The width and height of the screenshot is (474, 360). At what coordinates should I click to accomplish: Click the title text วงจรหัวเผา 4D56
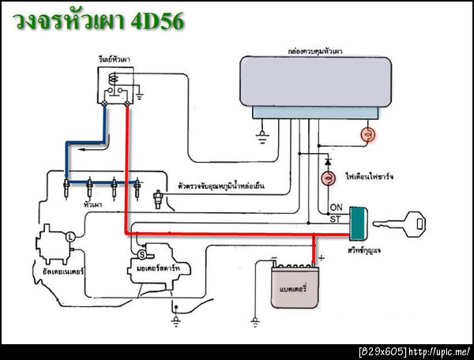click(x=100, y=21)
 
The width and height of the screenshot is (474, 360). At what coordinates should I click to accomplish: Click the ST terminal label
click(x=335, y=219)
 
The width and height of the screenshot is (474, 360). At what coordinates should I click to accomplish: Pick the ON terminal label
click(x=335, y=208)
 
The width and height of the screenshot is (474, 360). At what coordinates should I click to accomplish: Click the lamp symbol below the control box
click(x=367, y=134)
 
